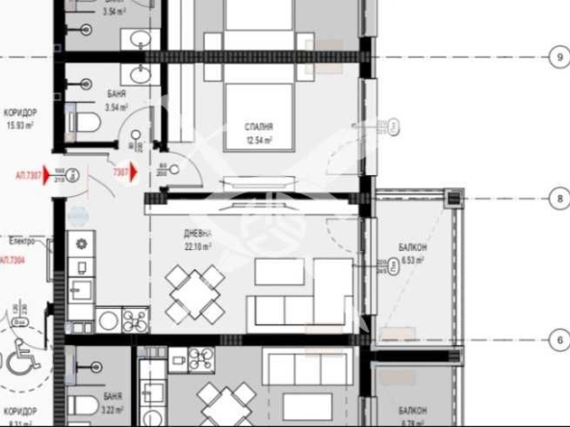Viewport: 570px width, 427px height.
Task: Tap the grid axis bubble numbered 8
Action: [x=559, y=199]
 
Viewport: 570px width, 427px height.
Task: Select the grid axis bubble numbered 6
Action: [x=559, y=339]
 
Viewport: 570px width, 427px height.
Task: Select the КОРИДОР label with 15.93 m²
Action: [x=20, y=112]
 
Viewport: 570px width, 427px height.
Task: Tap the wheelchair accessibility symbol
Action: [x=19, y=362]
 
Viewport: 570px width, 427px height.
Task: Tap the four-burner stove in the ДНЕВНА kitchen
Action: [x=133, y=319]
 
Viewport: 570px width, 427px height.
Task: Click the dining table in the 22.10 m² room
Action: [x=195, y=293]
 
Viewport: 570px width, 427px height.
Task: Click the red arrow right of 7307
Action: [x=133, y=173]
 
